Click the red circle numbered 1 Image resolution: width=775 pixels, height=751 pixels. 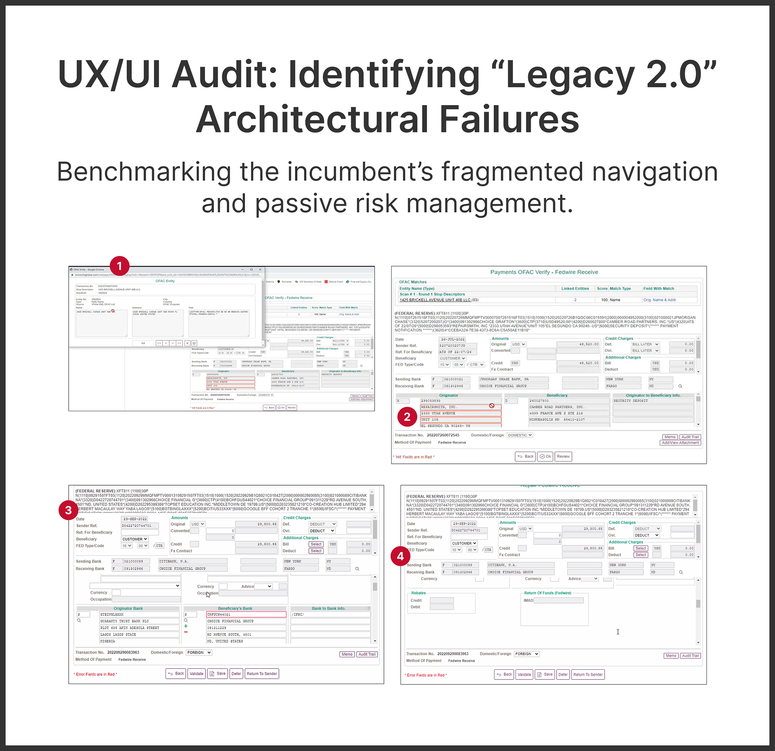click(119, 266)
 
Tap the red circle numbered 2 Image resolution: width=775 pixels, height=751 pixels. click(407, 417)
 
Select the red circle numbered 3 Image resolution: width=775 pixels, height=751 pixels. click(68, 510)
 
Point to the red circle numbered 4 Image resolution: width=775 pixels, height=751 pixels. click(400, 556)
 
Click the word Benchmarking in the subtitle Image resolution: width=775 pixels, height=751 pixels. click(144, 172)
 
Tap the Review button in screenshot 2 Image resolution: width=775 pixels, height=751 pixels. click(563, 456)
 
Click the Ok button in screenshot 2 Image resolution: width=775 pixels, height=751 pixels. click(546, 456)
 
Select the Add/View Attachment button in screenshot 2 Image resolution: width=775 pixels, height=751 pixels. click(680, 443)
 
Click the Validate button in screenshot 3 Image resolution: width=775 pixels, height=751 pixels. click(197, 674)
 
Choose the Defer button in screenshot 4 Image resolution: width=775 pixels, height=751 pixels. click(563, 675)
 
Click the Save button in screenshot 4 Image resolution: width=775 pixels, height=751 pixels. click(545, 675)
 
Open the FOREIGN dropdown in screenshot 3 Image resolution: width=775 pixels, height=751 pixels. click(199, 652)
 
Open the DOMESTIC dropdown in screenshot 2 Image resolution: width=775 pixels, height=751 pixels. click(520, 435)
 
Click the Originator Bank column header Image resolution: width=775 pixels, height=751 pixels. click(128, 608)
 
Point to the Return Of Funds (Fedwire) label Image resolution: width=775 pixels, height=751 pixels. click(547, 593)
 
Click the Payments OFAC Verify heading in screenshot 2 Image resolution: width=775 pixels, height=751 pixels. click(544, 272)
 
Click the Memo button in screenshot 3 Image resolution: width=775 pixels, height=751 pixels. click(347, 654)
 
